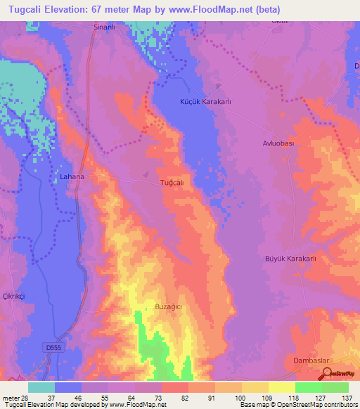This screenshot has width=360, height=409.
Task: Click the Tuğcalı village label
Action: pyautogui.click(x=172, y=182)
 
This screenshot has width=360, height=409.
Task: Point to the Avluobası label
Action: pyautogui.click(x=268, y=143)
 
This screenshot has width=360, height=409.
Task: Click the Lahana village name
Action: pyautogui.click(x=72, y=176)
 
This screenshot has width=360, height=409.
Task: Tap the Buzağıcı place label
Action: pyautogui.click(x=168, y=307)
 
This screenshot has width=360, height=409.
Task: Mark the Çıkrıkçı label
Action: pyautogui.click(x=13, y=297)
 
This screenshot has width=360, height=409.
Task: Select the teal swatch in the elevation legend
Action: pyautogui.click(x=41, y=387)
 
